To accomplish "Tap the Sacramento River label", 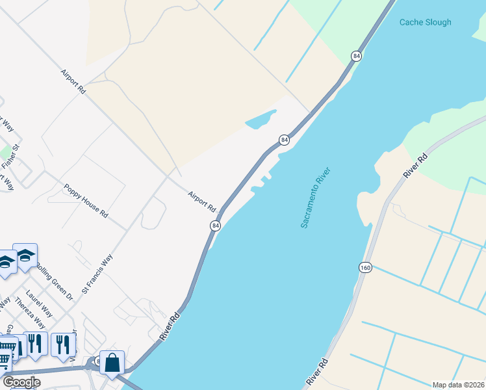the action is [x=316, y=198].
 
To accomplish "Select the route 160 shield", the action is [x=364, y=267].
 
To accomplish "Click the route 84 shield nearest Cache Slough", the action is [x=356, y=57].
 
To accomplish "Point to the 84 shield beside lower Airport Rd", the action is [x=216, y=225].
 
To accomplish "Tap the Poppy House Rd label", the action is [x=86, y=201].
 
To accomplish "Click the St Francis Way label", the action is [x=97, y=274].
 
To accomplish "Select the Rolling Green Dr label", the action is [x=55, y=281].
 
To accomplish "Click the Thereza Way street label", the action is [x=31, y=313].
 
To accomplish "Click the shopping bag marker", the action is [x=112, y=363].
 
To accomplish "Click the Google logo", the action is [x=21, y=382].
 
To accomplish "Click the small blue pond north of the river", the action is [x=261, y=120].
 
